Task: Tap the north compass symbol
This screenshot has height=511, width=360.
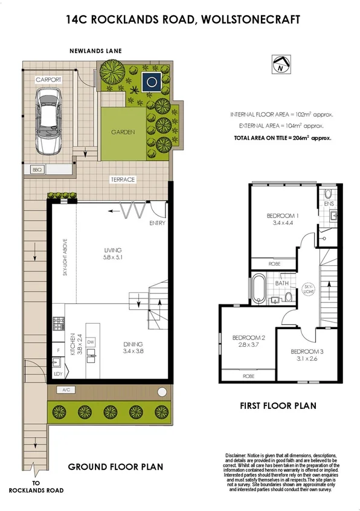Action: click(x=278, y=64)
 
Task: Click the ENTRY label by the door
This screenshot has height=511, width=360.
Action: click(x=156, y=223)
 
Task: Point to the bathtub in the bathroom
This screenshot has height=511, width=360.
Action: click(x=257, y=291)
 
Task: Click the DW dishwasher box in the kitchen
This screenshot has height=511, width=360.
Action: click(x=91, y=342)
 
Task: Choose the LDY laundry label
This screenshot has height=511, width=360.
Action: click(x=58, y=374)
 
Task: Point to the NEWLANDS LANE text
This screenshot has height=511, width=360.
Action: click(x=95, y=51)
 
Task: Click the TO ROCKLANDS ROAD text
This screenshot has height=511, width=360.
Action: click(x=39, y=486)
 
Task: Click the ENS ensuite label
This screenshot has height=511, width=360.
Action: click(x=329, y=204)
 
